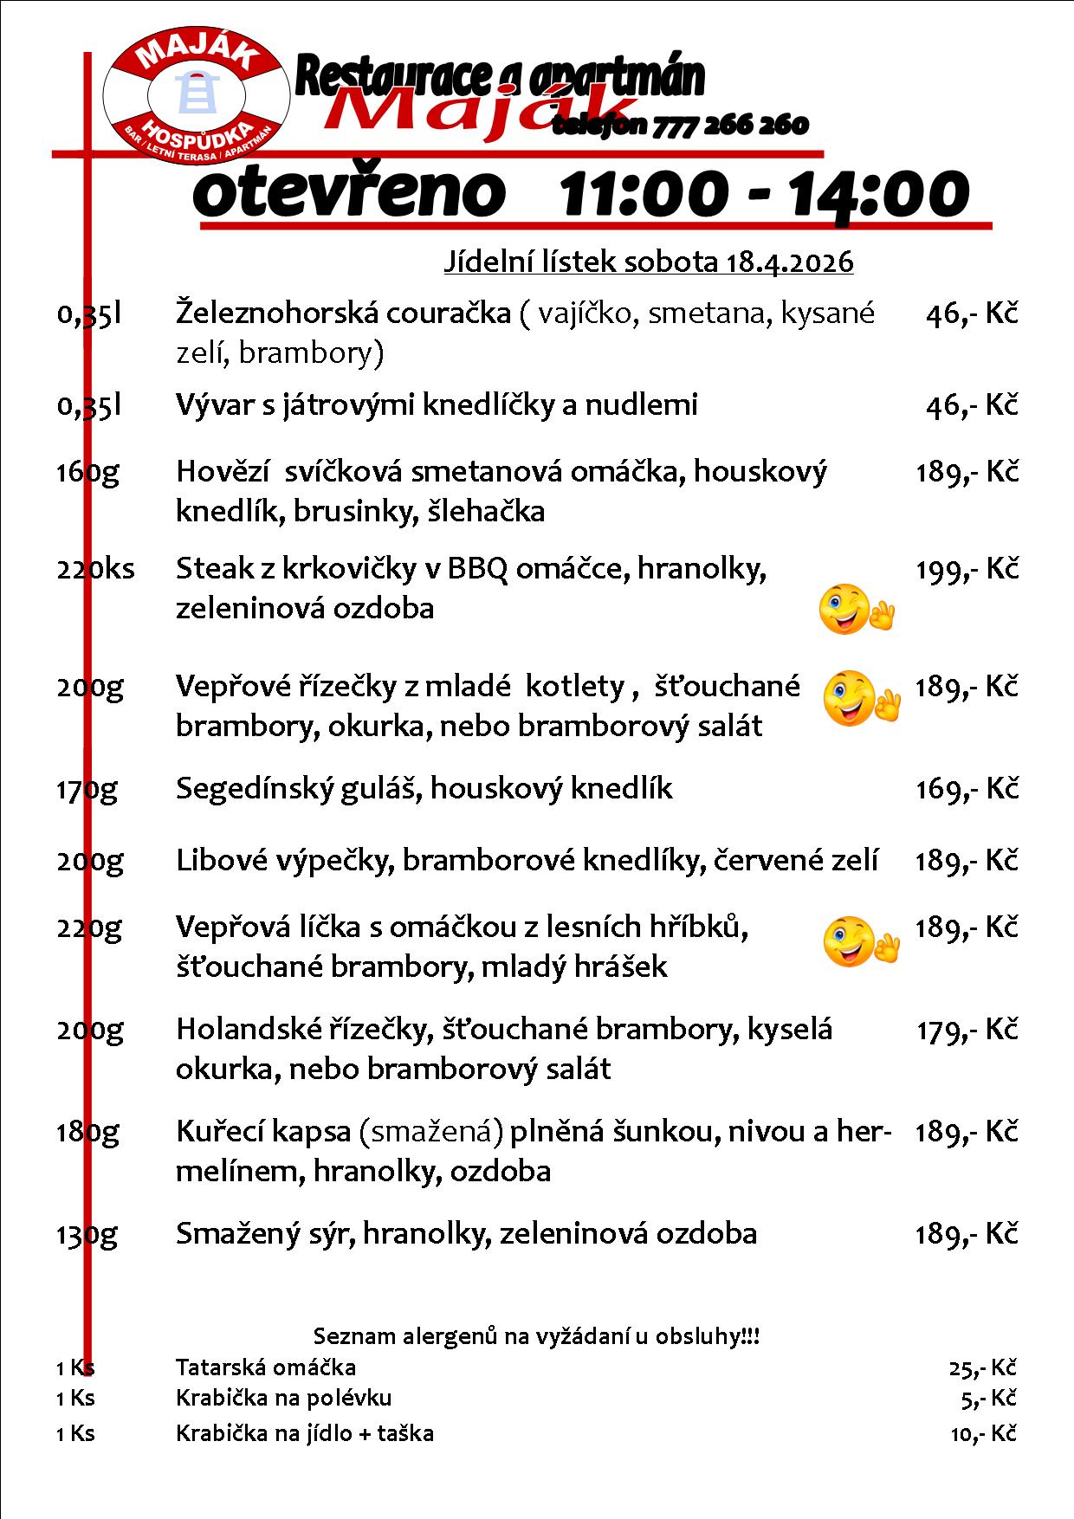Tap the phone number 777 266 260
tap(730, 126)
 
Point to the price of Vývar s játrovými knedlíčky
tap(971, 404)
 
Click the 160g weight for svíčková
tap(87, 472)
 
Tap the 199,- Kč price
tap(967, 569)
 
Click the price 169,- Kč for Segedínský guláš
tap(967, 788)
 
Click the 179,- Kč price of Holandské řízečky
tap(967, 1030)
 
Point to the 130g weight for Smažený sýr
tap(87, 1234)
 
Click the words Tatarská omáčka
tap(266, 1367)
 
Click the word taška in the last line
tap(407, 1433)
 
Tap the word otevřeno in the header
tap(349, 193)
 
